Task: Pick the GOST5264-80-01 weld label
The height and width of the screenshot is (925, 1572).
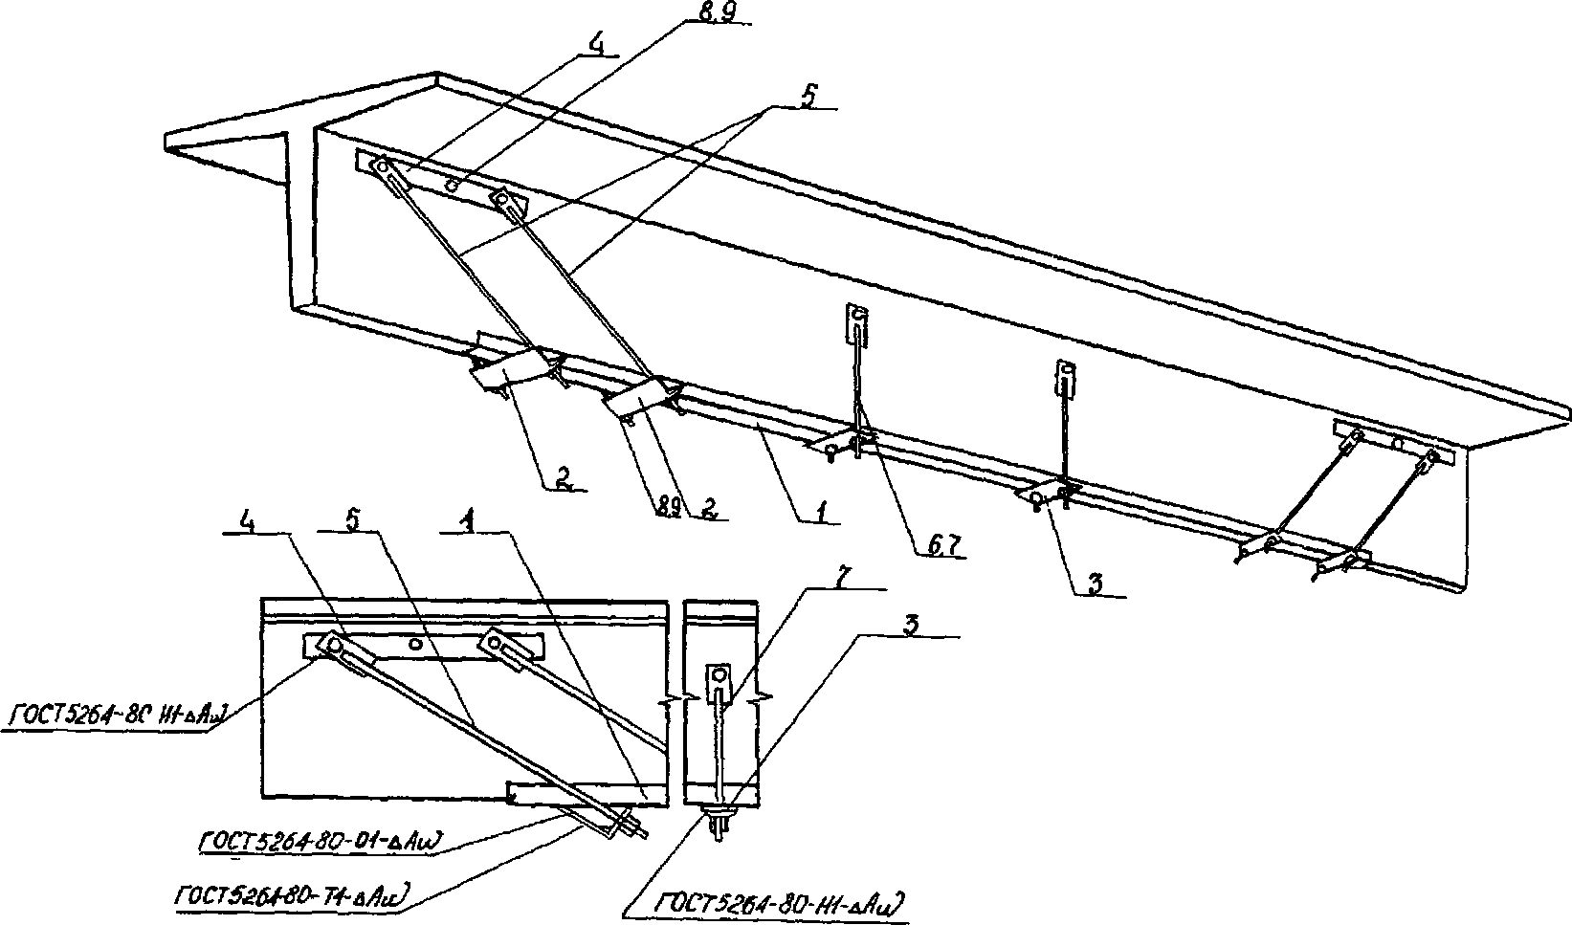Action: coord(319,842)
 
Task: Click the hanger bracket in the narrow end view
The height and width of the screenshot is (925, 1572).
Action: coord(719,682)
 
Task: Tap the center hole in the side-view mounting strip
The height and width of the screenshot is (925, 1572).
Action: coord(415,645)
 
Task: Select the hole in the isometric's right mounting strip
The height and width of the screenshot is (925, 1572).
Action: coord(1397,445)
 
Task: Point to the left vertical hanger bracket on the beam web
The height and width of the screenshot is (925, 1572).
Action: coord(858,325)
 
